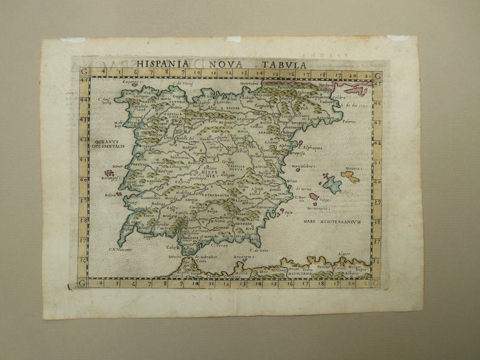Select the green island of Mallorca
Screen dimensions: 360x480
tap(332, 184)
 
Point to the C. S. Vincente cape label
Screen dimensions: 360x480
tap(121, 249)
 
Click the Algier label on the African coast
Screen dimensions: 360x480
tap(344, 254)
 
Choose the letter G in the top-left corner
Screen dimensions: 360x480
tap(84, 74)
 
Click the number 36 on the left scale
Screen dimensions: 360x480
tap(84, 260)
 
